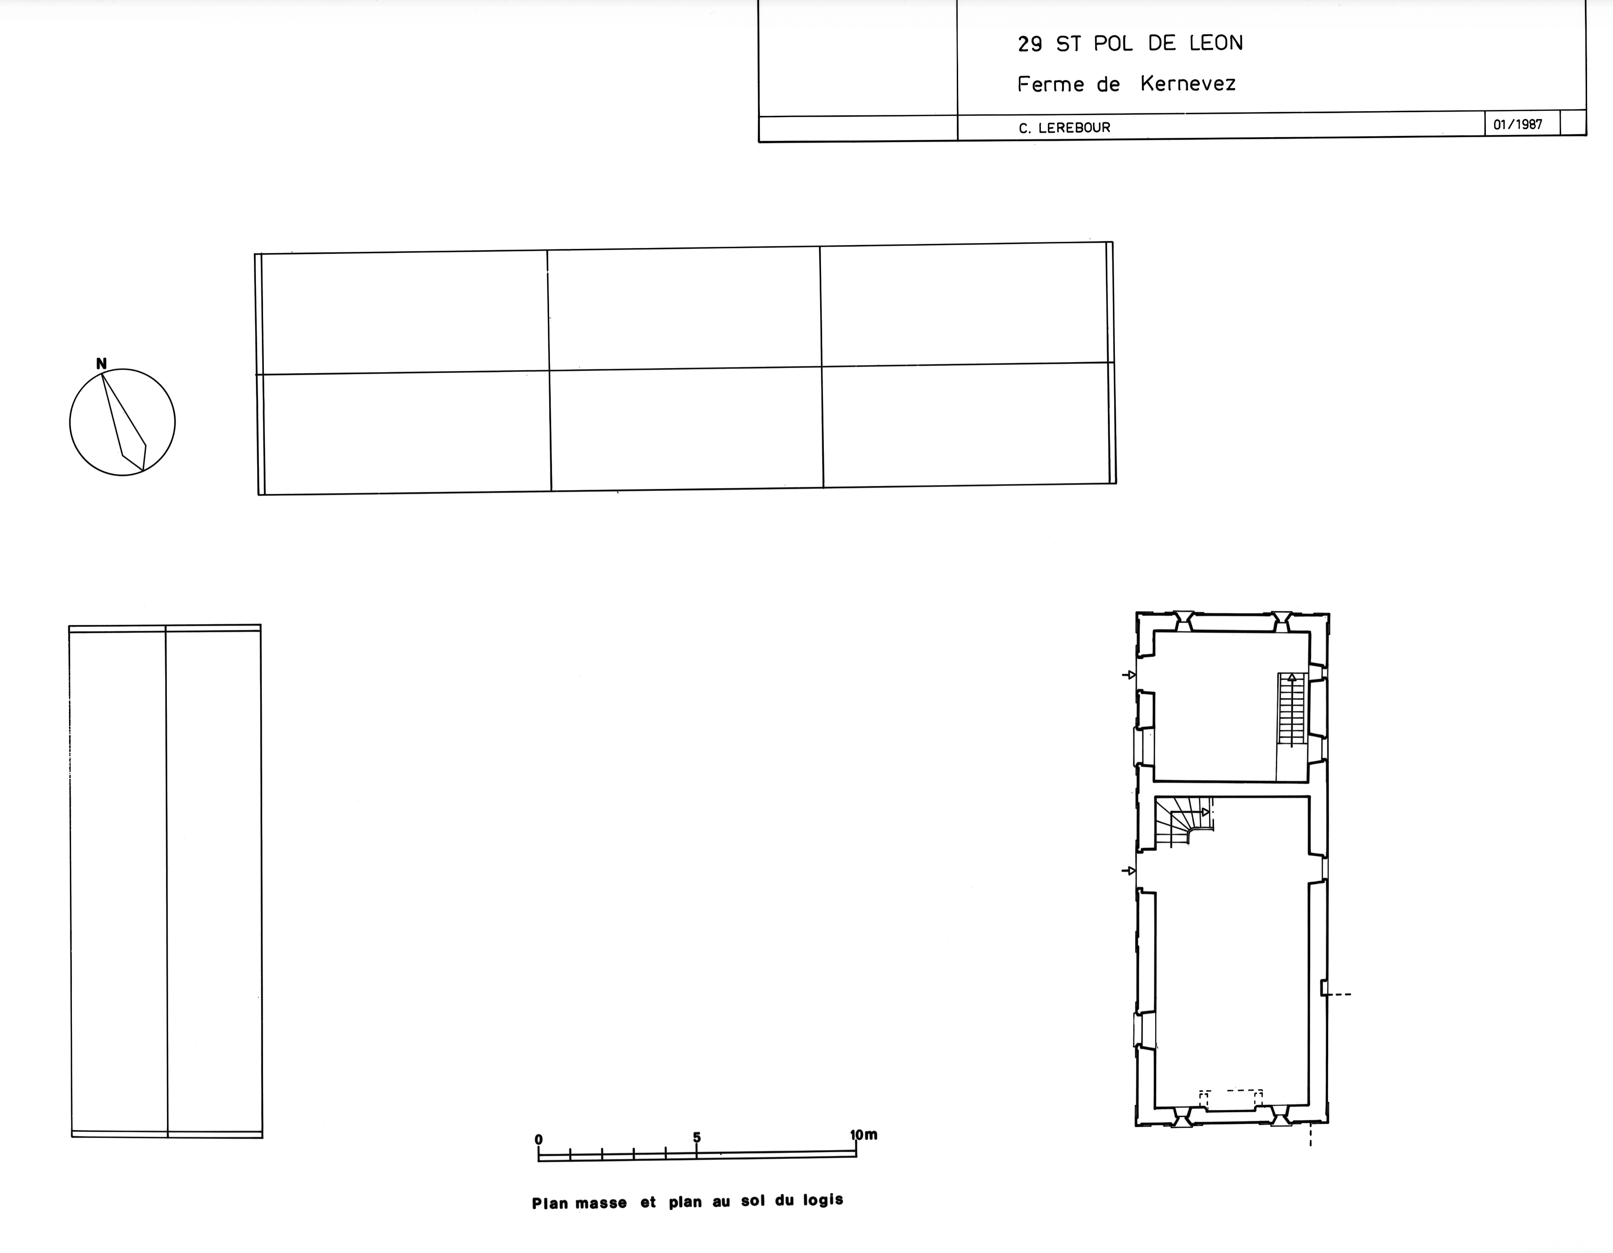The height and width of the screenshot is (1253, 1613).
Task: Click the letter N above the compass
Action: tap(102, 363)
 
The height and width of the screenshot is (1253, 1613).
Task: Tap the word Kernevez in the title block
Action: tap(1188, 84)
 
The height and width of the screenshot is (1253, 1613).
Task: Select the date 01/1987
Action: tap(1518, 124)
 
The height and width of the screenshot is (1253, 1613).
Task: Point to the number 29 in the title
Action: tap(1030, 44)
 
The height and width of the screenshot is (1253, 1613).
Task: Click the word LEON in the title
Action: tap(1216, 43)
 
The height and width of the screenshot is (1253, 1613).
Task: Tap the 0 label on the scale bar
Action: tap(538, 1139)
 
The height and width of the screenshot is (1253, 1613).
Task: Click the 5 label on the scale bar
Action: tap(696, 1137)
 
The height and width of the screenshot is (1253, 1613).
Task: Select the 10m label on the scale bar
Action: tap(863, 1135)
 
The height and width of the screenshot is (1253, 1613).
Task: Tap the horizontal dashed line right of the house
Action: tap(1338, 995)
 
